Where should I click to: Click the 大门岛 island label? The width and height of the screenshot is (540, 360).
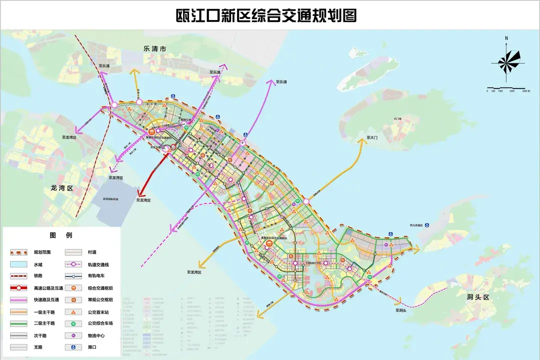pos(397,118)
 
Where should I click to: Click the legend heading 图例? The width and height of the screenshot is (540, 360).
pos(61,235)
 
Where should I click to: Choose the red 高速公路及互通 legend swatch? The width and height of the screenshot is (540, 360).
pos(18,288)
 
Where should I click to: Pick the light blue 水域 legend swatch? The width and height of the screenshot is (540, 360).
pos(18,264)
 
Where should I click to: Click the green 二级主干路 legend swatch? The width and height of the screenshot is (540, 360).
pos(18,323)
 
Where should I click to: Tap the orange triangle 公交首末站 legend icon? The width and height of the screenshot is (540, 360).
pos(73,311)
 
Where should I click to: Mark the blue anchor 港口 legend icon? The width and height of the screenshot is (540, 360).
pos(73,347)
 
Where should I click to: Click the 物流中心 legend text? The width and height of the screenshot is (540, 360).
pos(96,335)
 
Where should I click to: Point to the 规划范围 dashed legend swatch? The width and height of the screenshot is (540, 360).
pos(18,252)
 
